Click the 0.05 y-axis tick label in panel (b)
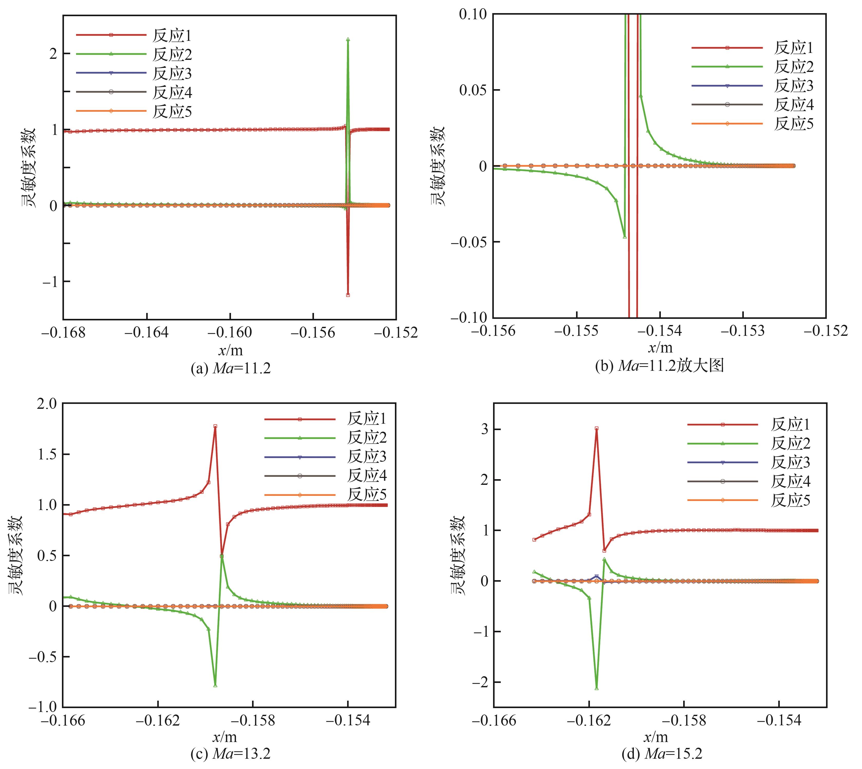coord(472,90)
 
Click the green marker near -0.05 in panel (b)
coord(625,237)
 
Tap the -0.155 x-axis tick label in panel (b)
coord(576,331)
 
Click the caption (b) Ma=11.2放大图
coord(660,365)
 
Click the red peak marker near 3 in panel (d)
coord(596,429)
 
